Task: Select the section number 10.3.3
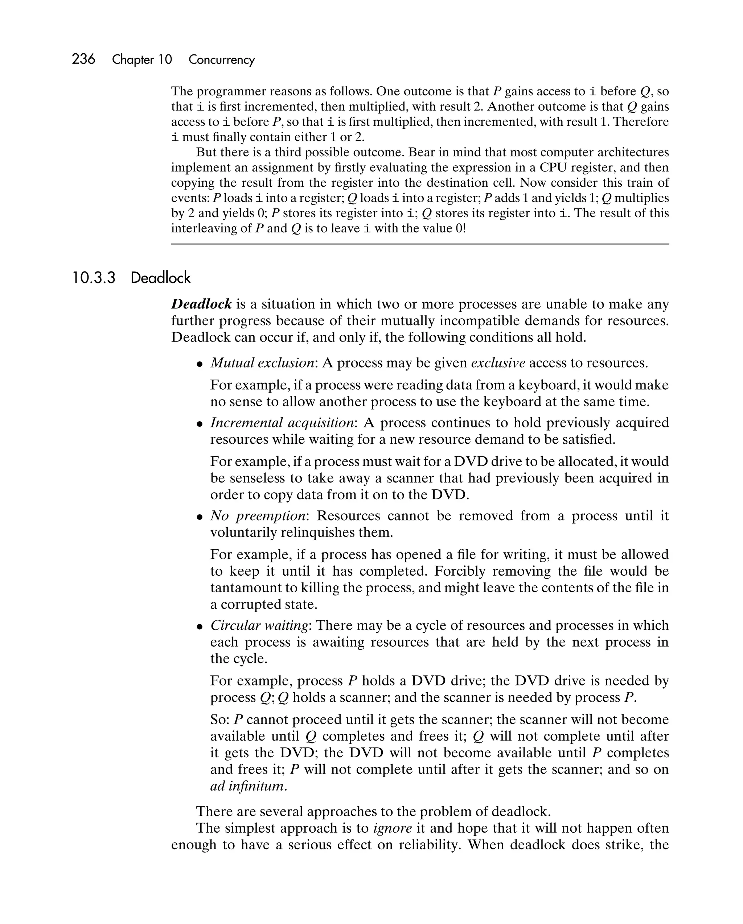(94, 278)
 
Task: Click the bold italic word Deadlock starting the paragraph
(201, 304)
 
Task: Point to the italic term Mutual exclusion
(263, 363)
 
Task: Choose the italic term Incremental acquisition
(282, 423)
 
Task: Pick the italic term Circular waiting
(259, 625)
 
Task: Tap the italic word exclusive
(498, 363)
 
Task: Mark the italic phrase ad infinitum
(247, 786)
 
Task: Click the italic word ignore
(393, 828)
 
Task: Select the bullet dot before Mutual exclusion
(200, 364)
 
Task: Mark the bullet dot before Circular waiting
(200, 626)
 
